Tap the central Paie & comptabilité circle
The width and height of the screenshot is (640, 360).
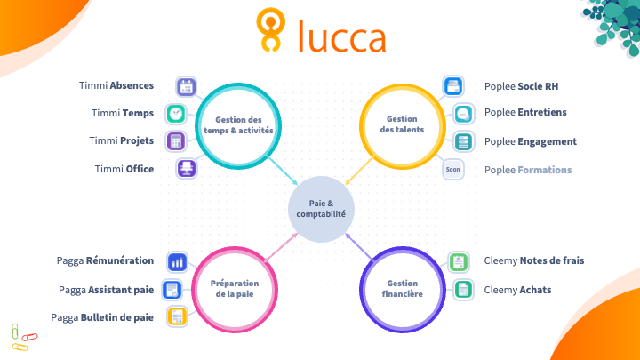point(321,209)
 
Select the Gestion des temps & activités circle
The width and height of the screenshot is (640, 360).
point(238,124)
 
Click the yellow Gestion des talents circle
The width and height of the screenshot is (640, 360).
point(402,124)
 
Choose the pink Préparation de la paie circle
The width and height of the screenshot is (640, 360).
point(236,289)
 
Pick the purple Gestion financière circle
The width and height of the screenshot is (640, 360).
point(402,289)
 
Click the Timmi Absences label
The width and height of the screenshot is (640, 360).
point(116,86)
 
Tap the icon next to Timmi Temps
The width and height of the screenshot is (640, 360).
point(177,114)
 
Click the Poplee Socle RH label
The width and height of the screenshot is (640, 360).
point(521,86)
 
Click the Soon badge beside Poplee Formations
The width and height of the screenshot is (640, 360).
point(453,169)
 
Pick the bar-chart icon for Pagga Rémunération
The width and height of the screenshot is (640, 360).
point(178,261)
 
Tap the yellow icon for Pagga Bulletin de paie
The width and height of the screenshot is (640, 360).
point(178,316)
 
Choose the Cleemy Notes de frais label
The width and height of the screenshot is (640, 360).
point(533,260)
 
